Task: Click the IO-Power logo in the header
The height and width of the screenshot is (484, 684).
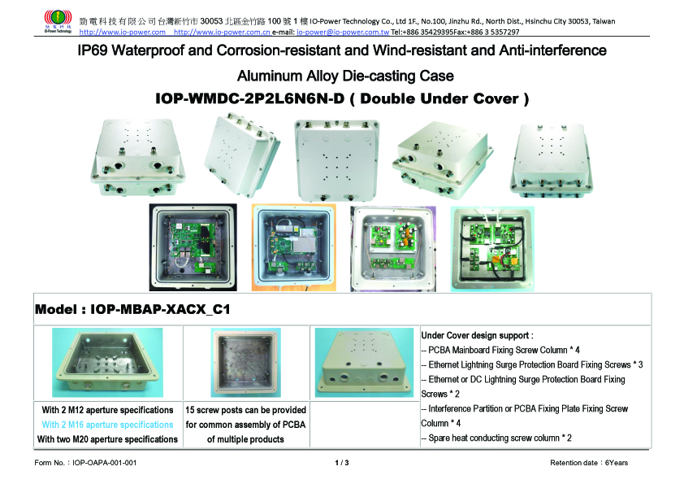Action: point(58,21)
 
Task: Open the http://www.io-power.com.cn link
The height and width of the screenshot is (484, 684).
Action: point(222,32)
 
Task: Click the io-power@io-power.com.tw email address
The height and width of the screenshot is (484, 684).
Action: point(343,32)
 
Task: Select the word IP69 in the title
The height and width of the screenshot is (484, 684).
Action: point(93,50)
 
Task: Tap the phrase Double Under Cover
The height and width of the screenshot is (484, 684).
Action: point(439,98)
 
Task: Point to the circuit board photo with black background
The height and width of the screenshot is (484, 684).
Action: point(193,247)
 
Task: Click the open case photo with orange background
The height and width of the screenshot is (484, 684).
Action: point(293,247)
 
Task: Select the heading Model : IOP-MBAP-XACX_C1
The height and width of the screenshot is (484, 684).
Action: point(132,309)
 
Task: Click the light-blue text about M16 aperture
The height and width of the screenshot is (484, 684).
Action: point(107,425)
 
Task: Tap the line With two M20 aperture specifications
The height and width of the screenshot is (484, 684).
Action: point(107,439)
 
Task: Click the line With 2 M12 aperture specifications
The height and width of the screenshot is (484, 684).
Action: point(107,410)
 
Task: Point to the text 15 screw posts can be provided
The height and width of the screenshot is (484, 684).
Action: point(245,410)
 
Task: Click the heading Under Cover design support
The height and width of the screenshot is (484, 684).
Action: point(477,335)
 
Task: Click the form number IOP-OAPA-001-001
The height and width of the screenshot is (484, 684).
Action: point(104,463)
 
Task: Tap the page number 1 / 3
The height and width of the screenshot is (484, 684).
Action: point(342,463)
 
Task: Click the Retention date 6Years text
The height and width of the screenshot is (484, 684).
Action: point(589,463)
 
